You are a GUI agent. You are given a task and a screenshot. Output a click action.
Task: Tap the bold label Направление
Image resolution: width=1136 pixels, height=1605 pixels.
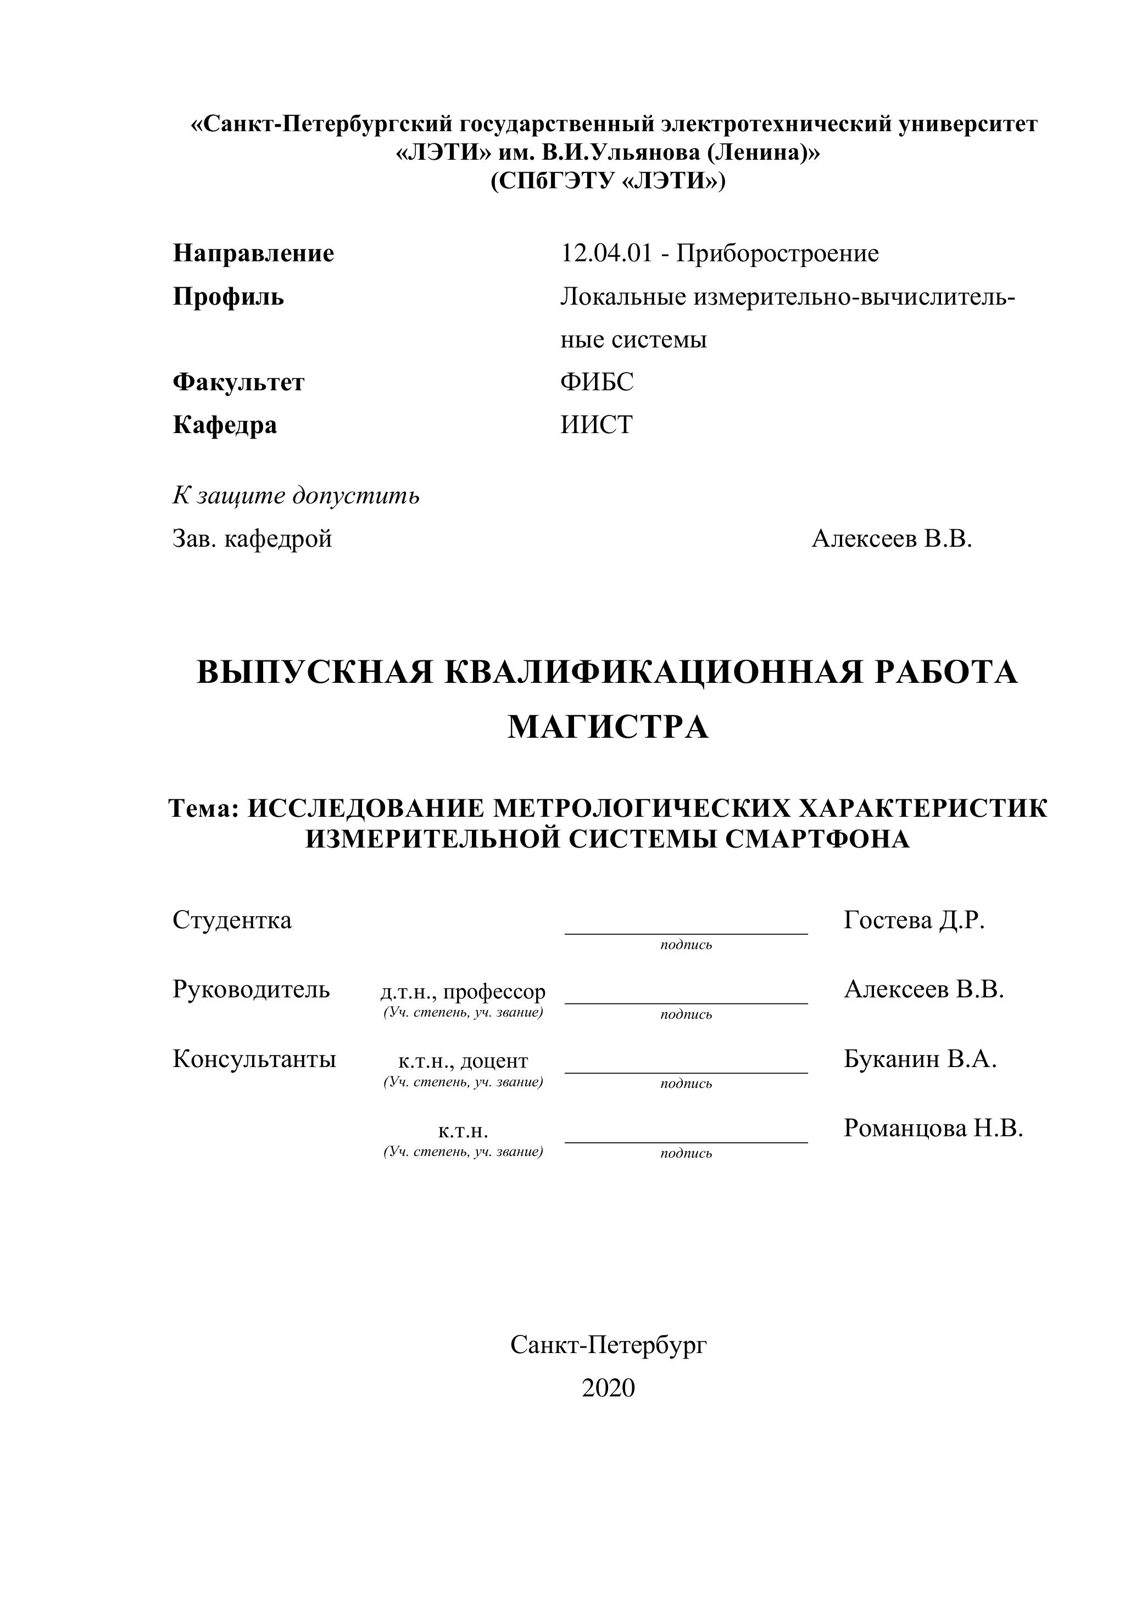pos(253,253)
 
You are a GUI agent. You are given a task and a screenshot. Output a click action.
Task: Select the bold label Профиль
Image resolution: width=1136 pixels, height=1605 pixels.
pos(228,297)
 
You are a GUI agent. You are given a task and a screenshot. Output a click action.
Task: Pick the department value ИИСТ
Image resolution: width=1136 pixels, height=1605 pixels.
pos(596,424)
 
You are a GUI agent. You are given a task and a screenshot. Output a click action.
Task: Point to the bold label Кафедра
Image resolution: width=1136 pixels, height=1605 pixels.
pos(225,424)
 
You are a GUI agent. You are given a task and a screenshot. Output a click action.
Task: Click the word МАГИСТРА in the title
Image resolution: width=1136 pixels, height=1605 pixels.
pos(608,727)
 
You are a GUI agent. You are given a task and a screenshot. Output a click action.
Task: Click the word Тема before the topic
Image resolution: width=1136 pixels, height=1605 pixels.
pos(203,808)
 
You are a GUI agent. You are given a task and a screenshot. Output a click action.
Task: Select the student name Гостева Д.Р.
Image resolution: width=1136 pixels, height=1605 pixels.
pos(914,920)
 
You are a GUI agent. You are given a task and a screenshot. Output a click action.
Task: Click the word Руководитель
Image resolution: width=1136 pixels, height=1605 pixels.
pos(251,989)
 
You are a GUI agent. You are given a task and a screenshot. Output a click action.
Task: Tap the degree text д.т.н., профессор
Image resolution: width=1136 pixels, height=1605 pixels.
pos(463,991)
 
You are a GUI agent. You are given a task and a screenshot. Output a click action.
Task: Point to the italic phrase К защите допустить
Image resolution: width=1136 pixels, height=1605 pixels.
pos(296,496)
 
